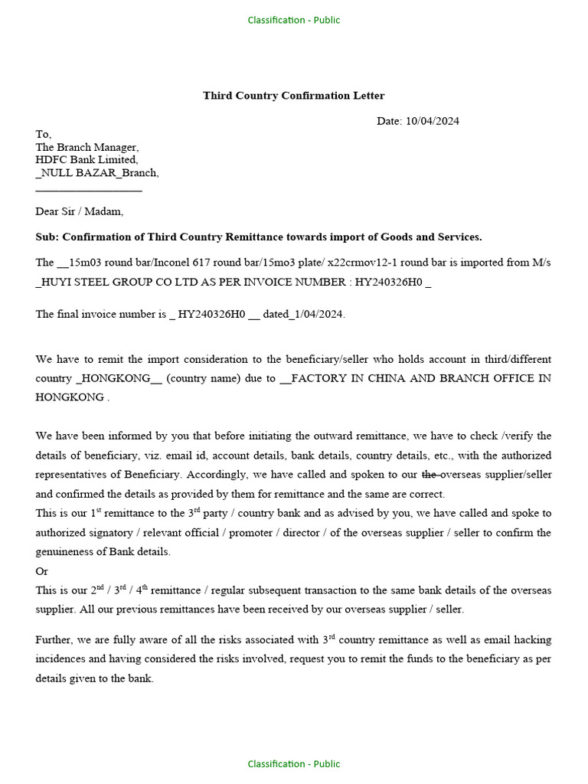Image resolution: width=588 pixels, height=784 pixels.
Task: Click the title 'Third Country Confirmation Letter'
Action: click(293, 96)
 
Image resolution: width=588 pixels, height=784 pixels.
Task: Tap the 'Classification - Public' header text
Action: click(293, 20)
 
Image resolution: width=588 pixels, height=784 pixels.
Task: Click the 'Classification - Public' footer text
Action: click(293, 763)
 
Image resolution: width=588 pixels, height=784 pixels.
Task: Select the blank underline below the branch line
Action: click(88, 189)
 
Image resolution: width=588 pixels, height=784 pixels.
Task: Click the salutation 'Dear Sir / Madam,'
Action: click(79, 211)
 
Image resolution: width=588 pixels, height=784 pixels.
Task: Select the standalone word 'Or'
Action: click(42, 571)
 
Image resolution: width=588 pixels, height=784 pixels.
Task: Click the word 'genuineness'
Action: click(67, 552)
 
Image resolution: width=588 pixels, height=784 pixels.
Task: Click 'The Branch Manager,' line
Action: click(87, 147)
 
